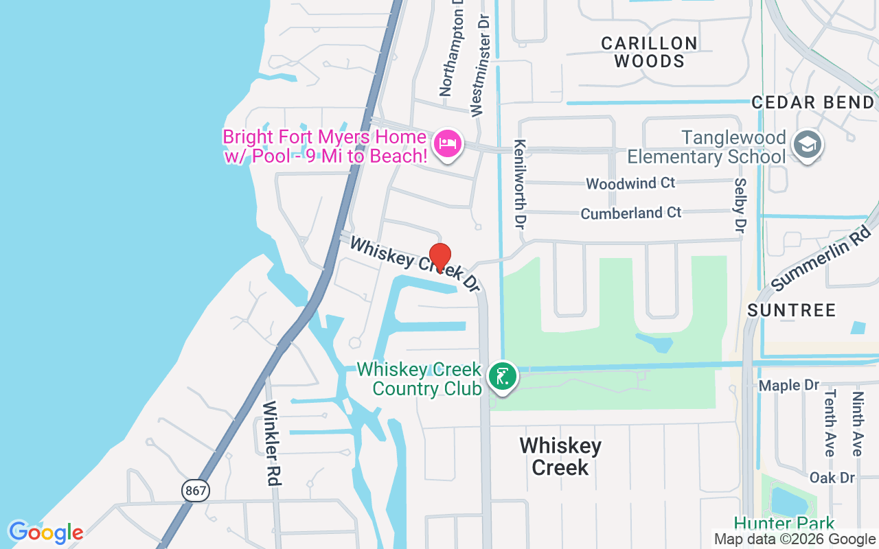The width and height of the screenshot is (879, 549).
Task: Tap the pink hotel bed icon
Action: coord(448,143)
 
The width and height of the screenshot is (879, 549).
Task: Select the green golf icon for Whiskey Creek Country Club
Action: coord(503,377)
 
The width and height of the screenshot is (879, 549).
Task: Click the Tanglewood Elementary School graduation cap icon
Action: coord(807,144)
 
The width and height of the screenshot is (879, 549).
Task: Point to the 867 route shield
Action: coord(196,490)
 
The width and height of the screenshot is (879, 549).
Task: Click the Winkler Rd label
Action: coord(273,443)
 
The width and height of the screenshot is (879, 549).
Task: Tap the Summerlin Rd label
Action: coord(821,258)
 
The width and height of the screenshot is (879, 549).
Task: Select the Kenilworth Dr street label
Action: coord(520,184)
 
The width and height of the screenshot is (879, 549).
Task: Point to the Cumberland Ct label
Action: coord(631,213)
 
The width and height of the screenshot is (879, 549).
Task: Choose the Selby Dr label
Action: coord(740,205)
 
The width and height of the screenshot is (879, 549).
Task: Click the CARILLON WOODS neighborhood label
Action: coord(649,52)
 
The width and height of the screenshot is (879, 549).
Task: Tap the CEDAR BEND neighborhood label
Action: coord(812,103)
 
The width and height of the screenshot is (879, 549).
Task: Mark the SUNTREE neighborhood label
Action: coord(791,310)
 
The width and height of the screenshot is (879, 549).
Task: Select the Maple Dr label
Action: coord(790,386)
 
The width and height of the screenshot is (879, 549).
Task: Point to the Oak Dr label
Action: coord(832,477)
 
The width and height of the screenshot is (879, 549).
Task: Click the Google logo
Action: coord(46,533)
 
